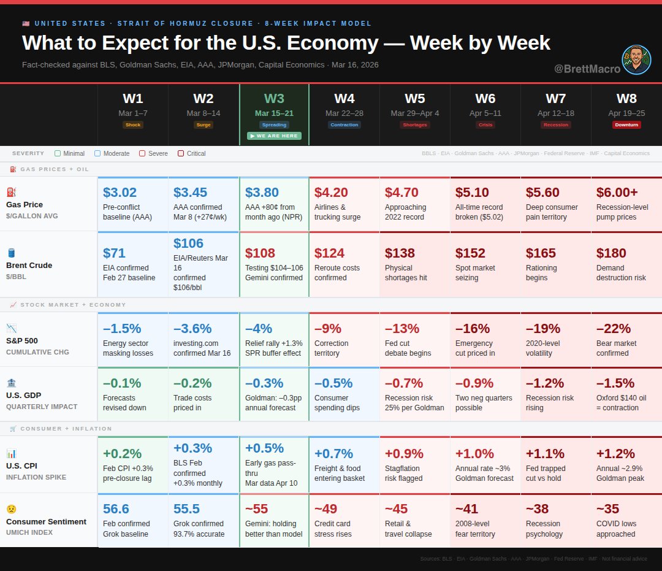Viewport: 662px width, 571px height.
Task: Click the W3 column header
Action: point(274,99)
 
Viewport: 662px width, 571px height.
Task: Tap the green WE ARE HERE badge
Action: point(274,136)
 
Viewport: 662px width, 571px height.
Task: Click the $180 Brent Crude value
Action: point(611,253)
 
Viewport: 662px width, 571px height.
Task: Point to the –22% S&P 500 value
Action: point(614,329)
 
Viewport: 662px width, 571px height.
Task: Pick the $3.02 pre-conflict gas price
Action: point(120,193)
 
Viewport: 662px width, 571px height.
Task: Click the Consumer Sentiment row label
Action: point(46,521)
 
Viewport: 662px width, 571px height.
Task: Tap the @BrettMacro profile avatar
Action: point(636,60)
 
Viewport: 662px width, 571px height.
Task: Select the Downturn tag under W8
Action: point(626,125)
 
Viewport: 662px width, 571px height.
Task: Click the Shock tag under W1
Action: point(132,125)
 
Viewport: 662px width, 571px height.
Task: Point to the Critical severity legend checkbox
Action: point(181,153)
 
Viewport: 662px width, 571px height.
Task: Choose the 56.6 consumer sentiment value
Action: point(116,509)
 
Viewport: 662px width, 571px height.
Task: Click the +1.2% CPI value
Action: point(616,454)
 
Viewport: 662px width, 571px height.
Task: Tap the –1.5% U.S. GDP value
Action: point(615,383)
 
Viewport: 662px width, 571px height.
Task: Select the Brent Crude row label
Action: point(29,265)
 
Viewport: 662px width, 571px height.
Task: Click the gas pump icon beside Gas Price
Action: point(11,192)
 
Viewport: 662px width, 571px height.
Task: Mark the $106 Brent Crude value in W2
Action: point(188,243)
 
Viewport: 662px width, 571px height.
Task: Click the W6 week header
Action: point(485,99)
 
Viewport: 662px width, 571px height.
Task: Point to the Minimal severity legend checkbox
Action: point(58,153)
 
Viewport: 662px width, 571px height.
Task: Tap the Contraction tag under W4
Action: point(344,125)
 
